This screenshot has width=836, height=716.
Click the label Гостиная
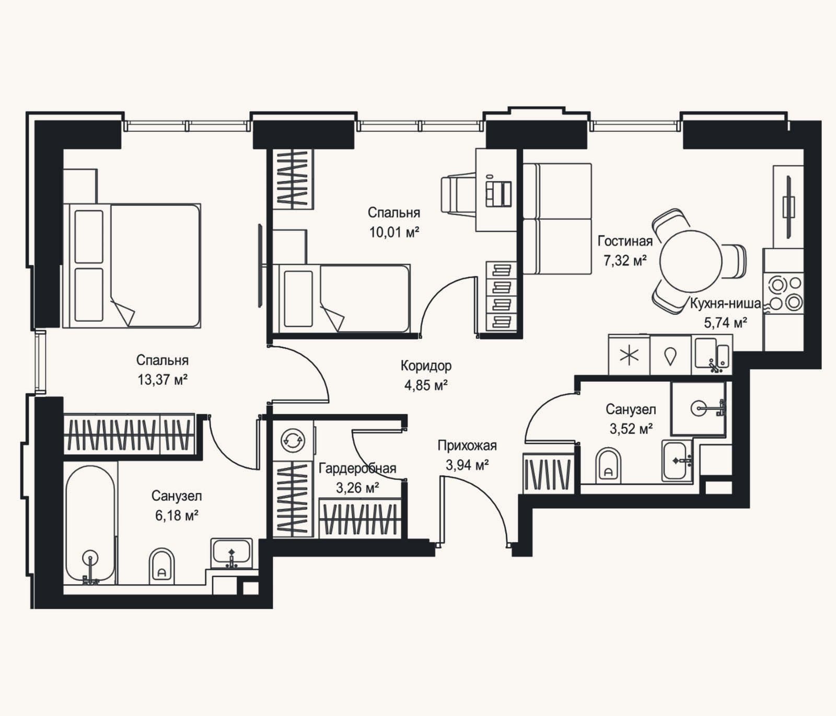pyautogui.click(x=625, y=241)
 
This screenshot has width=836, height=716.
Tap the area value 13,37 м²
pyautogui.click(x=162, y=380)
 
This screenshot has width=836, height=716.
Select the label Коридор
pyautogui.click(x=426, y=366)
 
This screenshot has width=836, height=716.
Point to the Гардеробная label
pyautogui.click(x=357, y=468)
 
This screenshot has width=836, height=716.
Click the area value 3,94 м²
pyautogui.click(x=467, y=465)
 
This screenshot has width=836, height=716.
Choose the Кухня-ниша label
pyautogui.click(x=725, y=303)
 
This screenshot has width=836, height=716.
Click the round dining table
pyautogui.click(x=691, y=261)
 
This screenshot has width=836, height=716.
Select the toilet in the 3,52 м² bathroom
pyautogui.click(x=608, y=465)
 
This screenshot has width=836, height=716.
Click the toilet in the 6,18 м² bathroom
pyautogui.click(x=161, y=566)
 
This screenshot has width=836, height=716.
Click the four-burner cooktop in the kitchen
pyautogui.click(x=783, y=293)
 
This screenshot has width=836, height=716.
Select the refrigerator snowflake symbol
pyautogui.click(x=629, y=355)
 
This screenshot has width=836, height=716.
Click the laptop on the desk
pyautogui.click(x=499, y=193)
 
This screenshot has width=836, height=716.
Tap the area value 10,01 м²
pyautogui.click(x=394, y=232)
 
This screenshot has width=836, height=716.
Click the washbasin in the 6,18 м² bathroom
pyautogui.click(x=231, y=553)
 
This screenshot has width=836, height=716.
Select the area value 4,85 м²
pyautogui.click(x=426, y=385)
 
